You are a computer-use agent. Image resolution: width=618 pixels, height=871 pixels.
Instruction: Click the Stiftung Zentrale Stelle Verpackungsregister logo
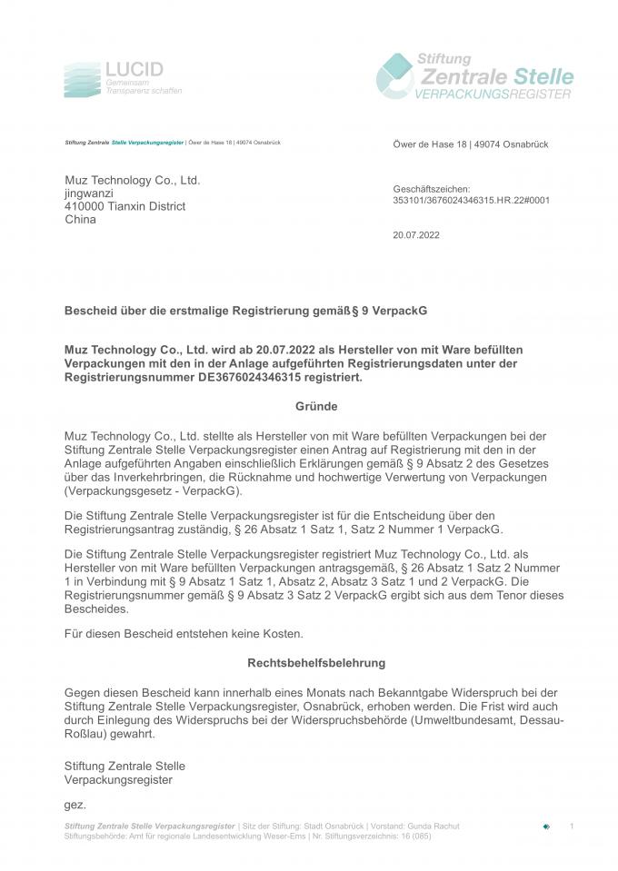(x=474, y=75)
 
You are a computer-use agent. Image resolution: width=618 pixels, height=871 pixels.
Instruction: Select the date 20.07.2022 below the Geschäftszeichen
(x=416, y=233)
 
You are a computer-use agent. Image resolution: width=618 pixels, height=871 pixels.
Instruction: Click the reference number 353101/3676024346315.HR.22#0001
(x=471, y=200)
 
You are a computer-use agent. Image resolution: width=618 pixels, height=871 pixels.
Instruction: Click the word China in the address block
(x=80, y=219)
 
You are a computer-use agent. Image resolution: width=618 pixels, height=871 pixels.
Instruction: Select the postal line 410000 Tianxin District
(x=125, y=206)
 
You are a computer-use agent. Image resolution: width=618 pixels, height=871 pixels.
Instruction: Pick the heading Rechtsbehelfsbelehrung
(x=316, y=663)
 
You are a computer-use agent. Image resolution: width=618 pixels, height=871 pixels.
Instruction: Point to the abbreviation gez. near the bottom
(x=75, y=805)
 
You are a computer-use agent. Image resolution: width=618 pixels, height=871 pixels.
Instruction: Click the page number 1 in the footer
(x=572, y=826)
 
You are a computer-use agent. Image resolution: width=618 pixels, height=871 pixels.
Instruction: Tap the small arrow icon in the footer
(x=546, y=826)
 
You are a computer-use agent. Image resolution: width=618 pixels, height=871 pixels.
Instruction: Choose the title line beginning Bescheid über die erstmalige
(x=244, y=311)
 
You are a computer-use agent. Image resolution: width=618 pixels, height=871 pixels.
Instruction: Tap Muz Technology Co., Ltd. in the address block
(x=132, y=181)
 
